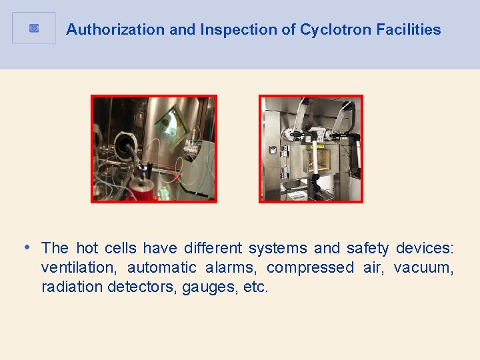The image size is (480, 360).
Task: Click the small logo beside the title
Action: coord(35,28)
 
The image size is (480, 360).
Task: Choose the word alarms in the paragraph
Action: coord(231,268)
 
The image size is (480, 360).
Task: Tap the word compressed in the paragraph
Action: coord(311,268)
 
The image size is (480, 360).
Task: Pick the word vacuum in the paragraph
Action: coord(424,268)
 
